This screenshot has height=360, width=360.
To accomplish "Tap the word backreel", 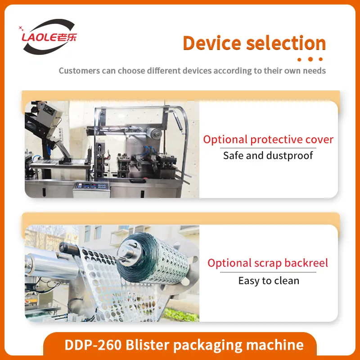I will point(306,263).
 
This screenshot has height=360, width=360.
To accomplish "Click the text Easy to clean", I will point(268,281).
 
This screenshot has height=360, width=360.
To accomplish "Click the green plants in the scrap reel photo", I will point(180,310).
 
